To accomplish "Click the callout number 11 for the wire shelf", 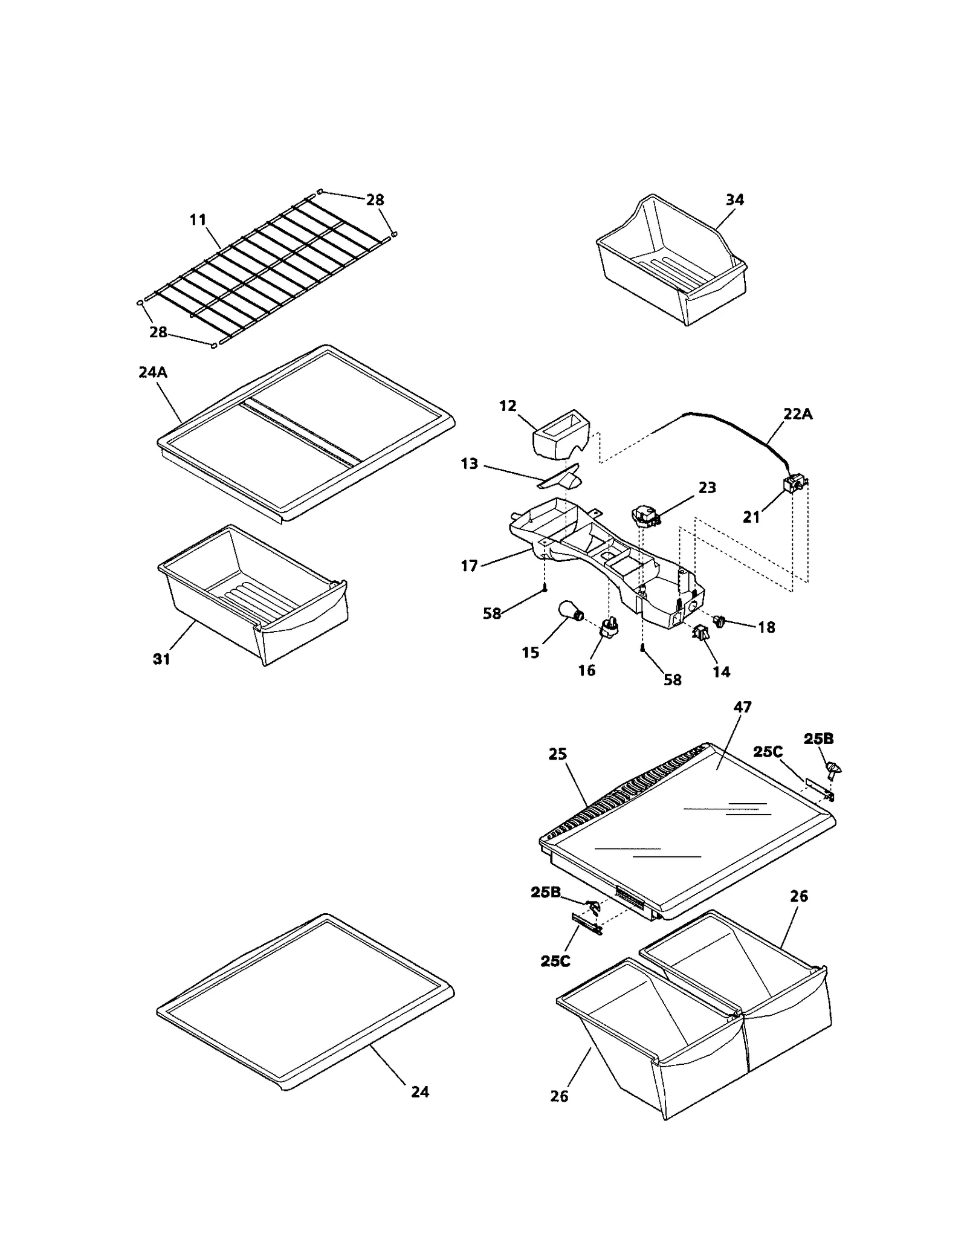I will [x=198, y=220].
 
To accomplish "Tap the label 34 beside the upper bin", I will [x=734, y=199].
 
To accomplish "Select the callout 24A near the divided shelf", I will [x=152, y=372].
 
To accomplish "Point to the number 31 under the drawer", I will [x=161, y=659].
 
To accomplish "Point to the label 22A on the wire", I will [x=798, y=414].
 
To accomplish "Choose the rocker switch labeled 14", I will [x=700, y=633].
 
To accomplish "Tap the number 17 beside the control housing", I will [x=469, y=566].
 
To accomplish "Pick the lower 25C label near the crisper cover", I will [x=555, y=961].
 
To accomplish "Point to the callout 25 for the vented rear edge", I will [x=558, y=754].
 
